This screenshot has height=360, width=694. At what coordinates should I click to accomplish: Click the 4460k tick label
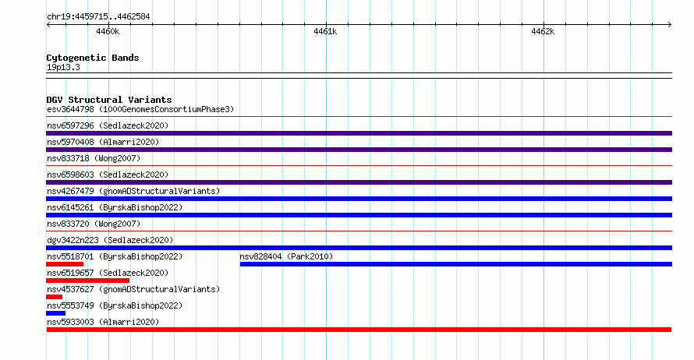coord(108,31)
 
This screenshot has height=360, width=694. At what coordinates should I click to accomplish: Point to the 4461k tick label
coord(325,31)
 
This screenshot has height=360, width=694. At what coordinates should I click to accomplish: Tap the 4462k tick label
coord(543,31)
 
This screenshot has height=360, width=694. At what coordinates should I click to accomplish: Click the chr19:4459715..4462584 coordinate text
coord(98,17)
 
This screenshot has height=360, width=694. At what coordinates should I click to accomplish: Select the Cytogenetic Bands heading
coord(93,58)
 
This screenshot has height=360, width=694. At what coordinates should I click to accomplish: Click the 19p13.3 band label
coord(63,67)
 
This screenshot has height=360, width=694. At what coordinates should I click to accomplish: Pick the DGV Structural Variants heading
coord(109,100)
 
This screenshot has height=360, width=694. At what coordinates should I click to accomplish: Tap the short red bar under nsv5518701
coord(65,264)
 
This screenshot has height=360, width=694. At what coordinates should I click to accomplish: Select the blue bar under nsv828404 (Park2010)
coord(456,264)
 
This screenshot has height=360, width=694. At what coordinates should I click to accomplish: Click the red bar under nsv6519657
coord(87,281)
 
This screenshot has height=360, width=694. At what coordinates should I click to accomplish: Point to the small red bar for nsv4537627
coord(54,297)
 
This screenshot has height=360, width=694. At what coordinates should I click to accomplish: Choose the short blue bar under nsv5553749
coord(56,313)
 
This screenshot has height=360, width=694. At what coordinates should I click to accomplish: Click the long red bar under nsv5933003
coord(359,330)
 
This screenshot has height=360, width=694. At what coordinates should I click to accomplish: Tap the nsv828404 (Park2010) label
coord(286,256)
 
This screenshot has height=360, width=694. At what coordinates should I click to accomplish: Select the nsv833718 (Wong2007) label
coord(94,158)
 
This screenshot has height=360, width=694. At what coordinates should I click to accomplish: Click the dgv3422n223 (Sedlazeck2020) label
coord(110,240)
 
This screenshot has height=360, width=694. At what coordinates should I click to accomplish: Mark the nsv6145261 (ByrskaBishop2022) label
coord(115,207)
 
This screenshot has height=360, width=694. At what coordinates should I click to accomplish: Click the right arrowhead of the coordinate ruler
coord(670,24)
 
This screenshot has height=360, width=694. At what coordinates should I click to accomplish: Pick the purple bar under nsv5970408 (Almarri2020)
coord(359,150)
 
